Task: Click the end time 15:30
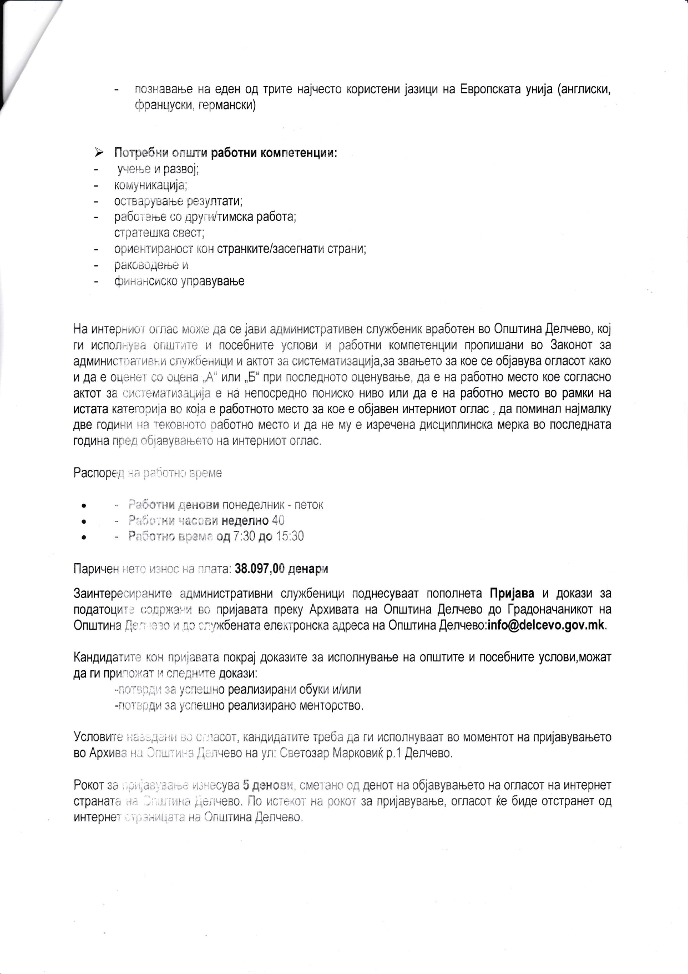[290, 536]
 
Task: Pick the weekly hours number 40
[278, 521]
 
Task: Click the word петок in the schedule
[308, 505]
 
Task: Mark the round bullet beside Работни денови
[83, 506]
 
